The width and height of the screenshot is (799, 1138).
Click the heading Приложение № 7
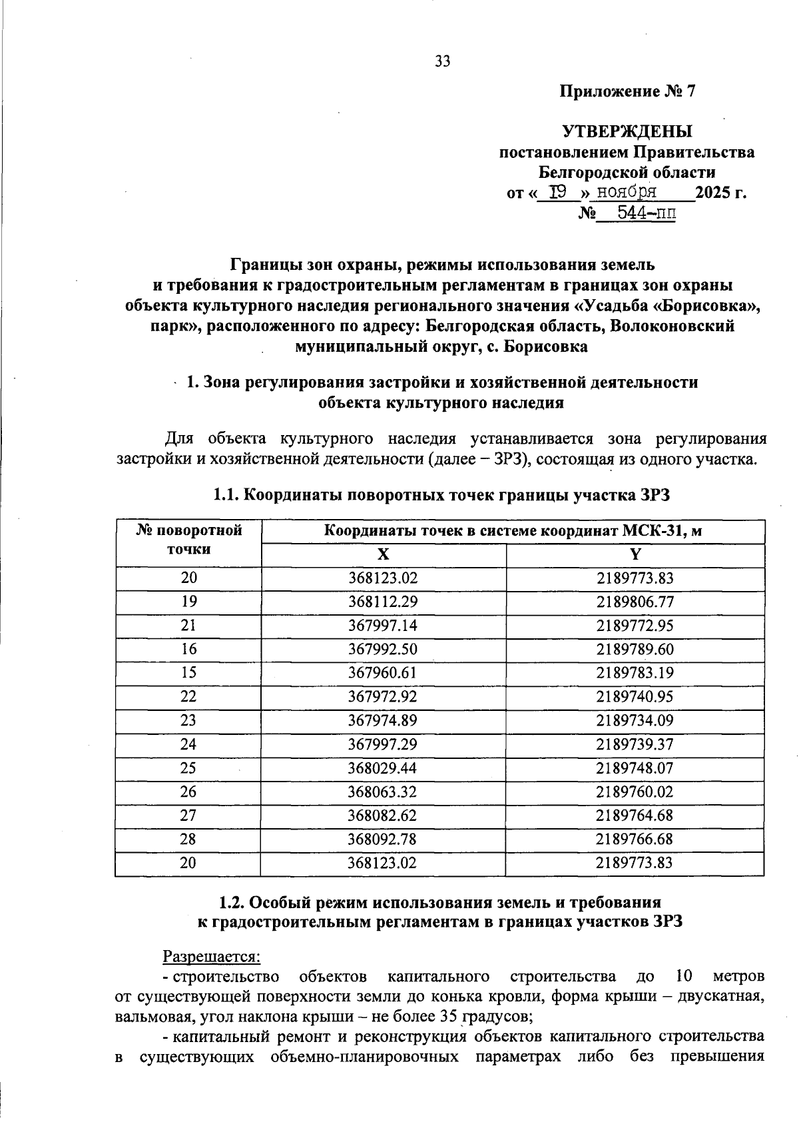click(627, 91)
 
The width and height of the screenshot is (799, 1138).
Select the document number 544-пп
click(646, 214)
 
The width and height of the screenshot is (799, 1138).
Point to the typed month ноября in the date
click(627, 193)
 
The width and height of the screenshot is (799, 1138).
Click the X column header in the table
click(383, 555)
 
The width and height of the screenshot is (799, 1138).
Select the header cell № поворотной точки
click(188, 540)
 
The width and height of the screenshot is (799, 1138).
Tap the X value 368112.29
click(383, 602)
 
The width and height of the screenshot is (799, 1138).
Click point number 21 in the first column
click(188, 626)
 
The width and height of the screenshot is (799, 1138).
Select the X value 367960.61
click(383, 673)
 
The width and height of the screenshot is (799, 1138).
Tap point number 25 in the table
click(188, 768)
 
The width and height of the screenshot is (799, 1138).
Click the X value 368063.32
click(383, 792)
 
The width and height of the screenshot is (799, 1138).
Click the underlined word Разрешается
click(212, 956)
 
